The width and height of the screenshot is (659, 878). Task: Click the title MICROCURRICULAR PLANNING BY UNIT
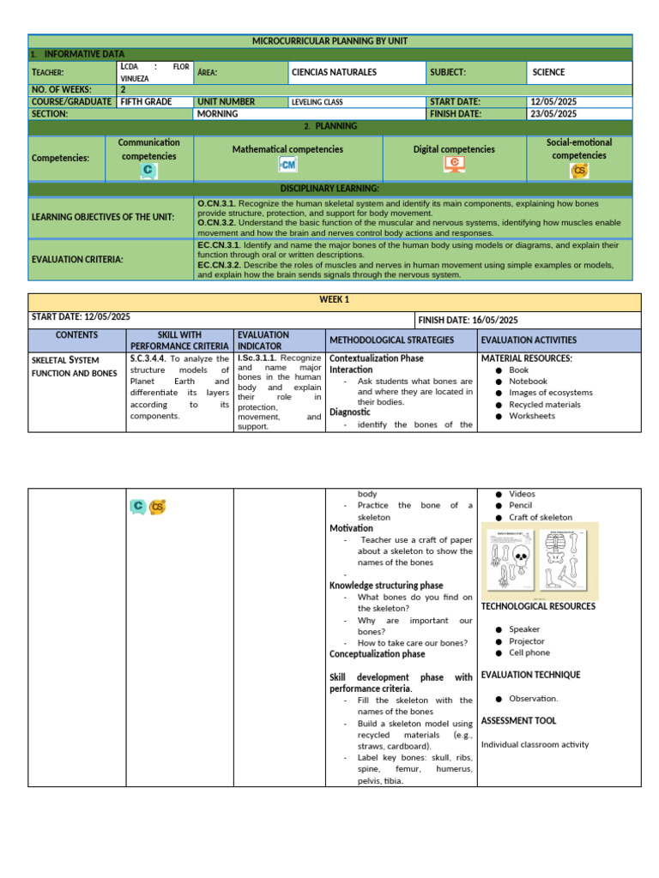[330, 41]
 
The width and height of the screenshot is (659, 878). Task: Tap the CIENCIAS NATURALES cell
[334, 73]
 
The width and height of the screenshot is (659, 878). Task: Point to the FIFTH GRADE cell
[147, 101]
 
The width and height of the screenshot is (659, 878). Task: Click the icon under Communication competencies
[149, 171]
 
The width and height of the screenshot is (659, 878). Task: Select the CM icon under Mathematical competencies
[287, 164]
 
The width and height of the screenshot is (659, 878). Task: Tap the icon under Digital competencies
[454, 164]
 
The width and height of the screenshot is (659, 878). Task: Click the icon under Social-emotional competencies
[580, 171]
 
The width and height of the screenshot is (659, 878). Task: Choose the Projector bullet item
[526, 641]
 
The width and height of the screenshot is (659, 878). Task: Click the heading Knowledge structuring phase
[386, 586]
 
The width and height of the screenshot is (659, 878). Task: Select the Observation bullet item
[533, 699]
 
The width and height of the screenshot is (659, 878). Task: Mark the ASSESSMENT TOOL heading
[518, 721]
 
